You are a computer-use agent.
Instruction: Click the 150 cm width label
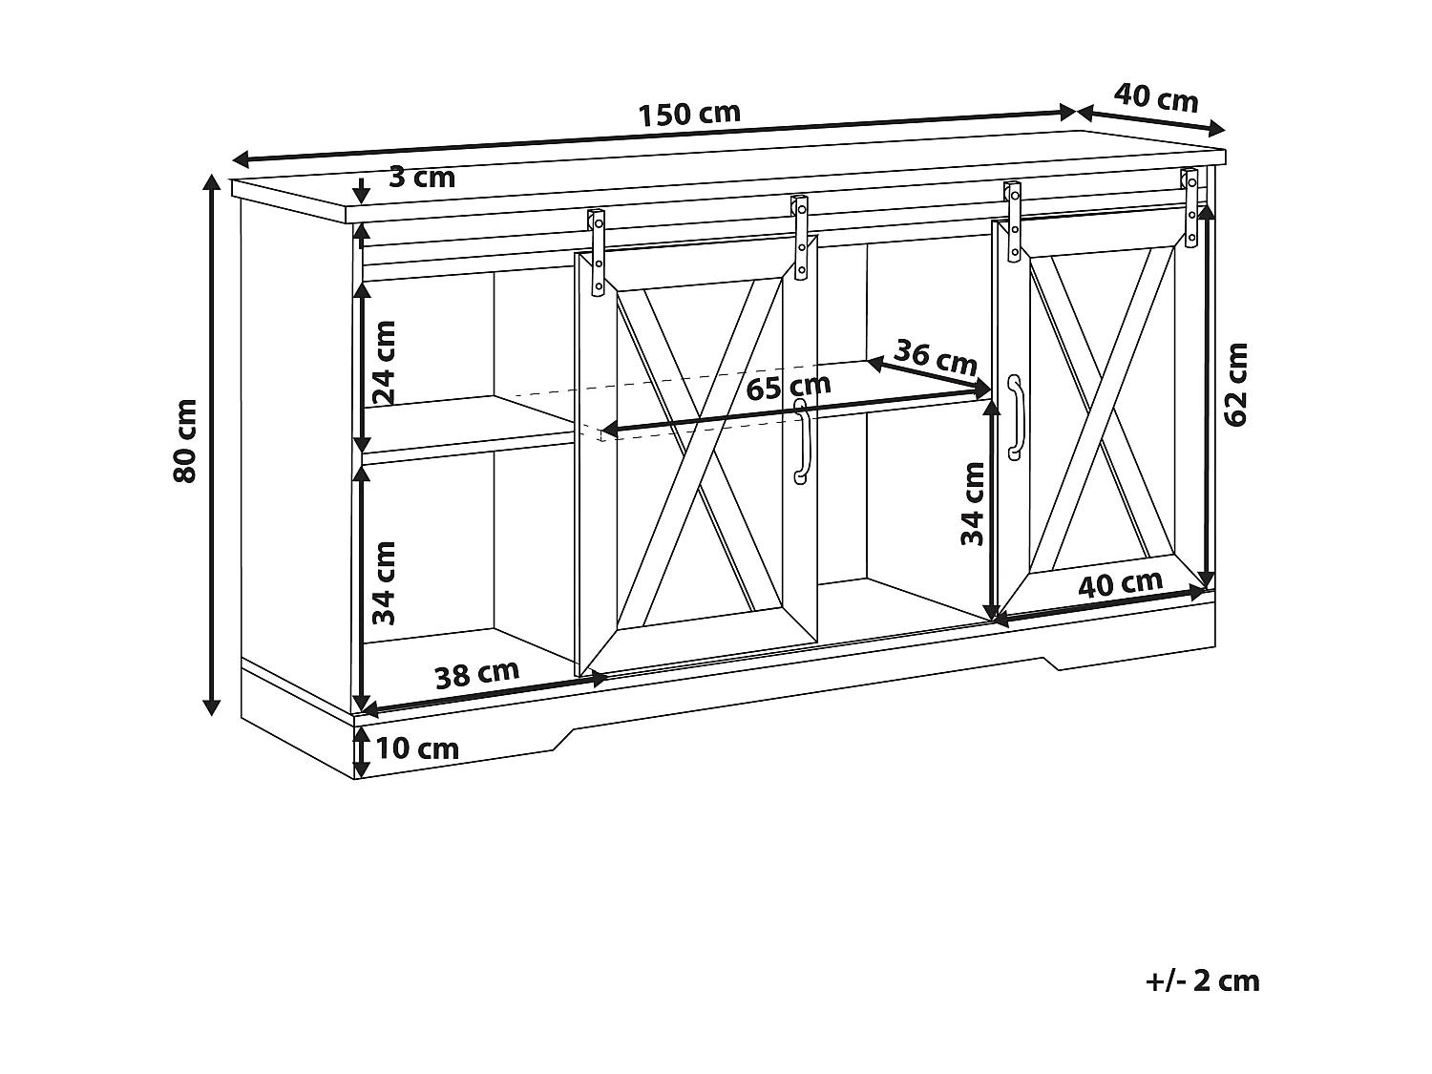click(x=688, y=114)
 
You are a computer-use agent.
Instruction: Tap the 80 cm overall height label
click(x=185, y=440)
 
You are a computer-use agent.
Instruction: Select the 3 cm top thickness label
click(x=422, y=177)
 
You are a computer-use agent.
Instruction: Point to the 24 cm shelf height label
click(x=384, y=363)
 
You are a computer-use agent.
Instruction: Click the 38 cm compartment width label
click(x=476, y=674)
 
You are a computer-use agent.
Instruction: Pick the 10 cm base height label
click(x=417, y=748)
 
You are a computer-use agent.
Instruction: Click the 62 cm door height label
click(x=1235, y=384)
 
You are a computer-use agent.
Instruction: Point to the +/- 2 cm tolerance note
click(x=1203, y=980)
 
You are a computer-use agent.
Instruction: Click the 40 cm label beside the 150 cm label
click(x=1155, y=97)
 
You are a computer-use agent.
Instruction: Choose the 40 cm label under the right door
click(x=1120, y=583)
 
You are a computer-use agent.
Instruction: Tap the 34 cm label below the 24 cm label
click(x=384, y=582)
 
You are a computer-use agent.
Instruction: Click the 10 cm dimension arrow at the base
click(x=361, y=751)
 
